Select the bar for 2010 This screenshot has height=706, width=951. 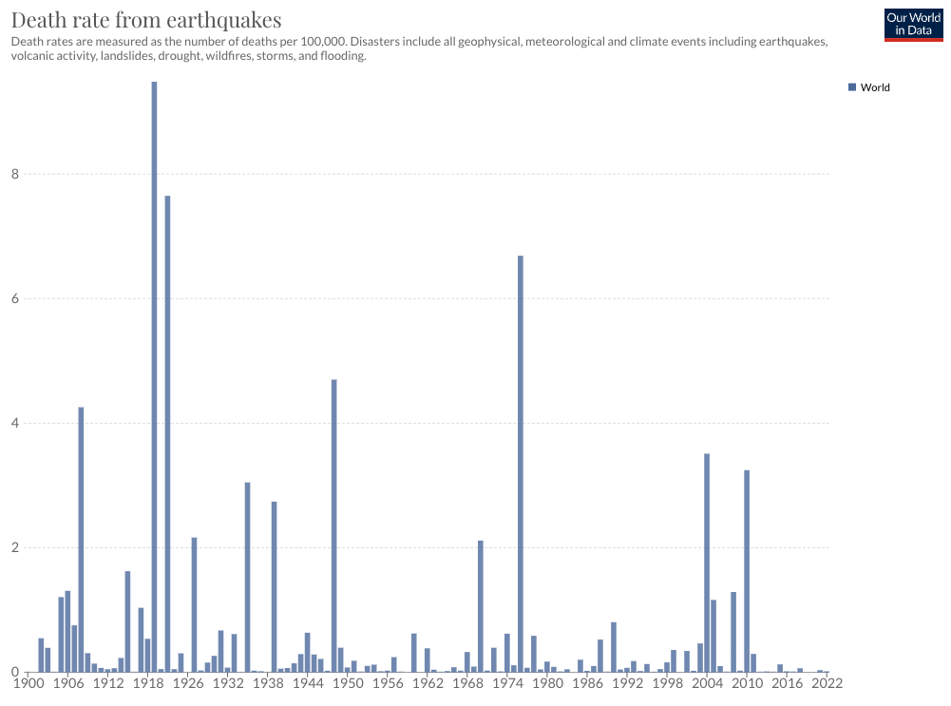[747, 570]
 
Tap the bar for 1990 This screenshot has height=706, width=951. [614, 647]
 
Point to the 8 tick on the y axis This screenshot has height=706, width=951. [15, 174]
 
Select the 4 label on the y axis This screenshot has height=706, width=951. [15, 423]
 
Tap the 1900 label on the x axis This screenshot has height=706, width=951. [30, 682]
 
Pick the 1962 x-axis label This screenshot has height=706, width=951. [428, 682]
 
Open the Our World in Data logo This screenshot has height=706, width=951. [913, 23]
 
